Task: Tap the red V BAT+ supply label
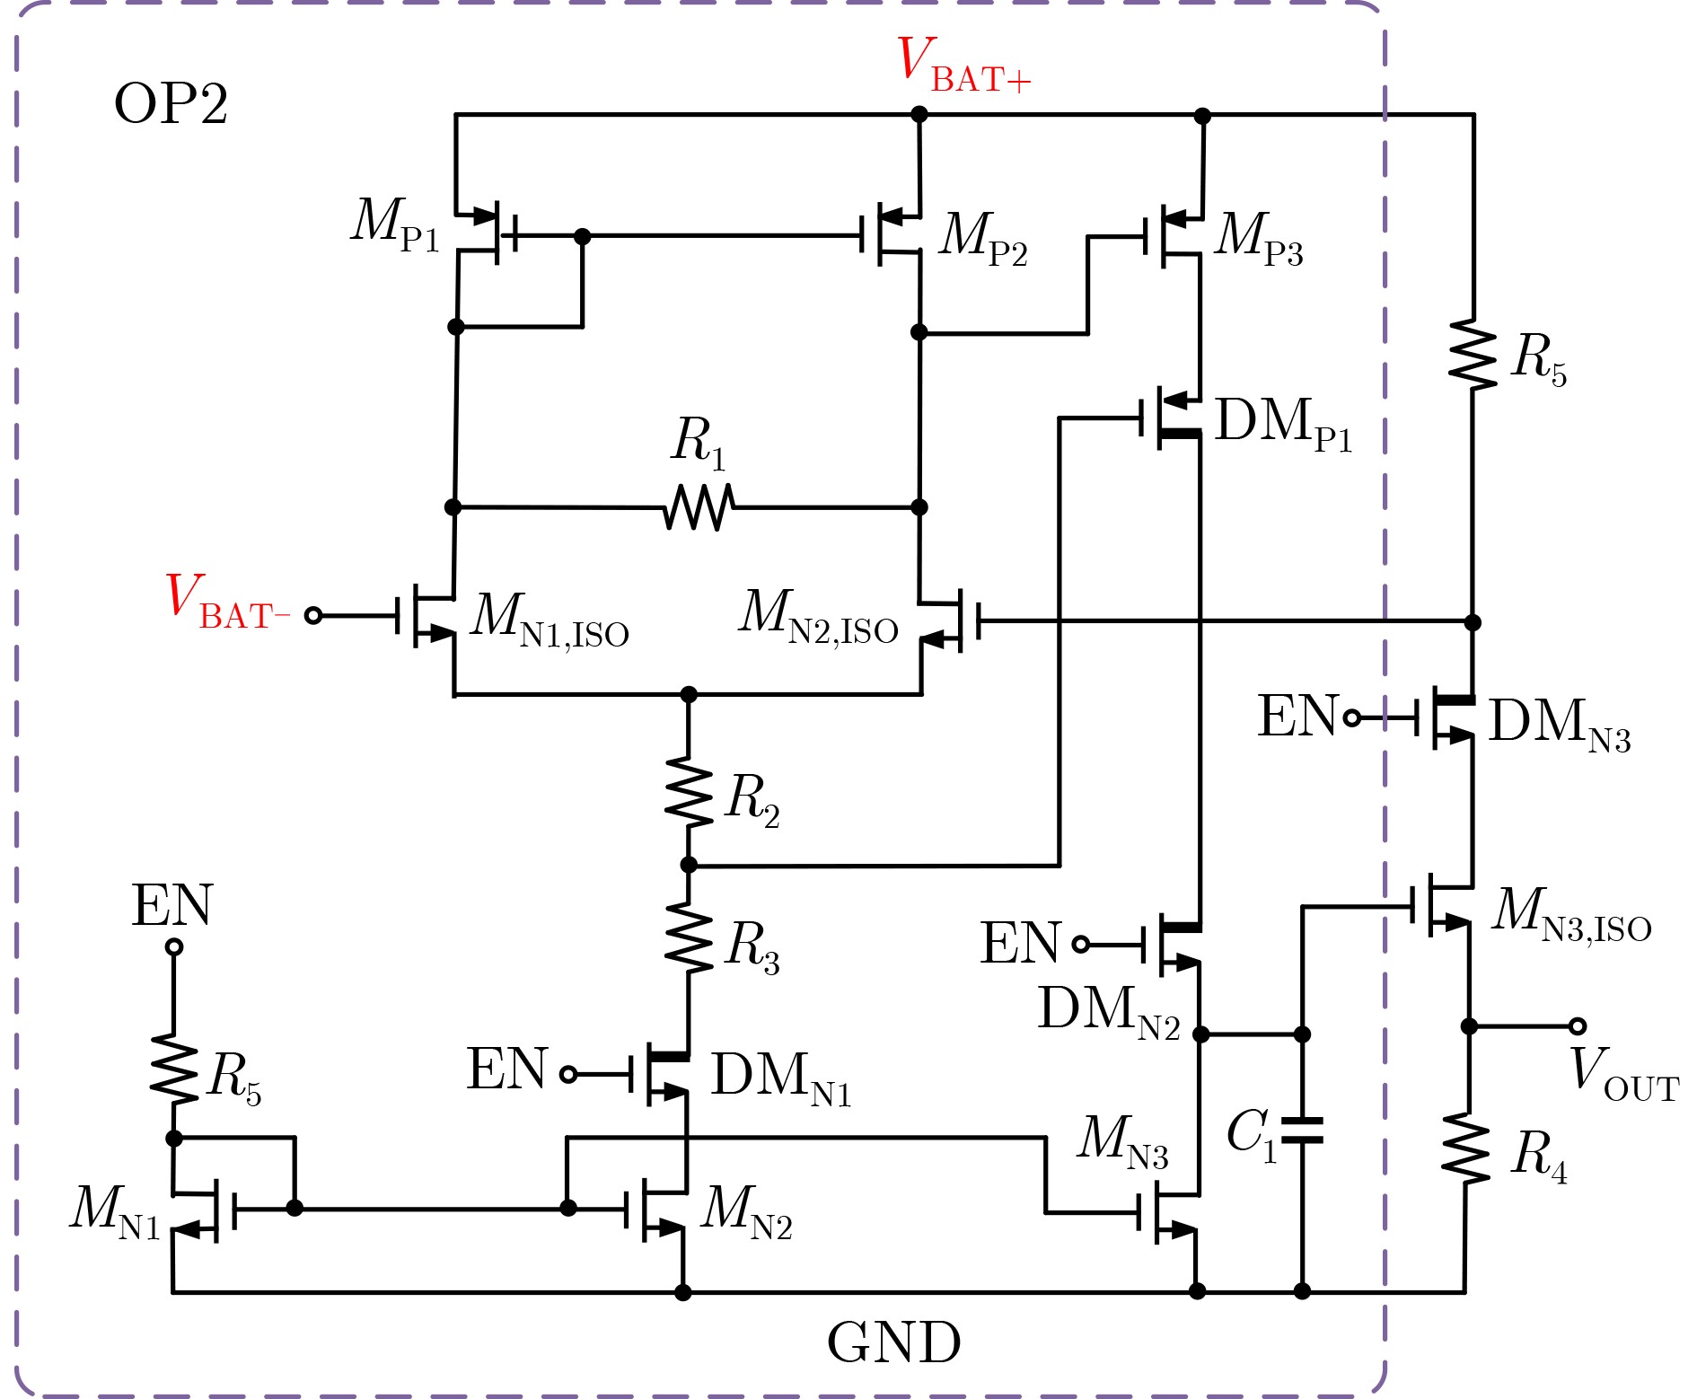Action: click(x=963, y=66)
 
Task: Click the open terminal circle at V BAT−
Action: click(x=313, y=616)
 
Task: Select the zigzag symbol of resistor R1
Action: click(x=699, y=507)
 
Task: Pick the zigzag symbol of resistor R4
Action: click(x=1466, y=1149)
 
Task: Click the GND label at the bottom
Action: click(x=893, y=1342)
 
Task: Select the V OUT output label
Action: click(x=1623, y=1070)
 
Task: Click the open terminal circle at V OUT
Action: click(x=1578, y=1026)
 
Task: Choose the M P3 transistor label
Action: click(x=1258, y=238)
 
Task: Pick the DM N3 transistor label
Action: click(x=1559, y=724)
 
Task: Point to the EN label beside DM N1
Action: click(x=506, y=1070)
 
